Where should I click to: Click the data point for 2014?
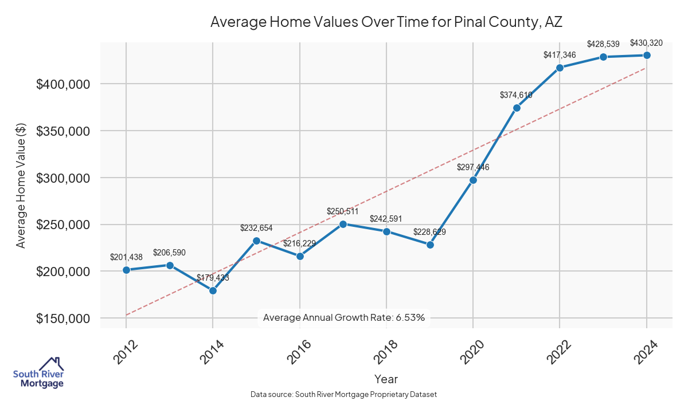point(213,290)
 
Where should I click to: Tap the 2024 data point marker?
point(647,55)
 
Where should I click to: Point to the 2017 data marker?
point(343,224)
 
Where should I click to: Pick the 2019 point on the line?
point(430,245)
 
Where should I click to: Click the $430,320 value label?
point(647,42)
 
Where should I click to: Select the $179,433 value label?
point(213,278)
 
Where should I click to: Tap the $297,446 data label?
point(473,167)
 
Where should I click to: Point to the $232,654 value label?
point(256,227)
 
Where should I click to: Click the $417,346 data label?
point(560,55)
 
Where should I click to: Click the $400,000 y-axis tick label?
point(64,84)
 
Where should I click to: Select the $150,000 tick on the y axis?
point(64,319)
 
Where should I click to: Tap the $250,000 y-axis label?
point(64,225)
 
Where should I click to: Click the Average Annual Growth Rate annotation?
point(343,317)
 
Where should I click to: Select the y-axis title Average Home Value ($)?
point(21,186)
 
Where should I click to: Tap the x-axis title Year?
point(386,379)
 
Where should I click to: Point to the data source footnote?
point(344,394)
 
